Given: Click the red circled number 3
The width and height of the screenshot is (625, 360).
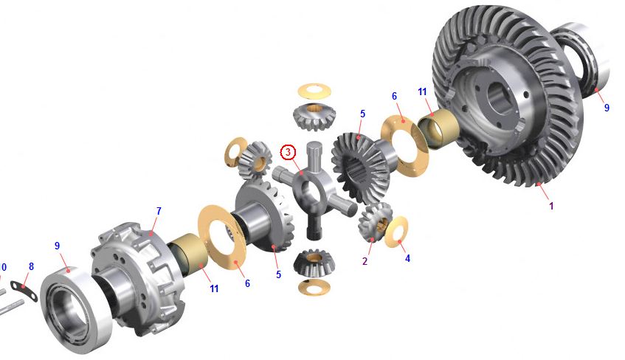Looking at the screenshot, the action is (x=289, y=152).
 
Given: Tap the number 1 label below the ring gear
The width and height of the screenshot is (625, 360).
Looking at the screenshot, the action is (x=551, y=206).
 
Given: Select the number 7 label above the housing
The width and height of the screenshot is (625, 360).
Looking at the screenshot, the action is (x=159, y=211).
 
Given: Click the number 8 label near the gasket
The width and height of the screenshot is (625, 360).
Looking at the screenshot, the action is (x=31, y=266).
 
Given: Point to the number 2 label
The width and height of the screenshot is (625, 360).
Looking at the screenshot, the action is (x=365, y=262).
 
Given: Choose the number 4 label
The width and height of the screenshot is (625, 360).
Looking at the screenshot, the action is (x=407, y=258).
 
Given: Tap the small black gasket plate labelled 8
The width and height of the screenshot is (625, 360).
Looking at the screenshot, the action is (x=24, y=290).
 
